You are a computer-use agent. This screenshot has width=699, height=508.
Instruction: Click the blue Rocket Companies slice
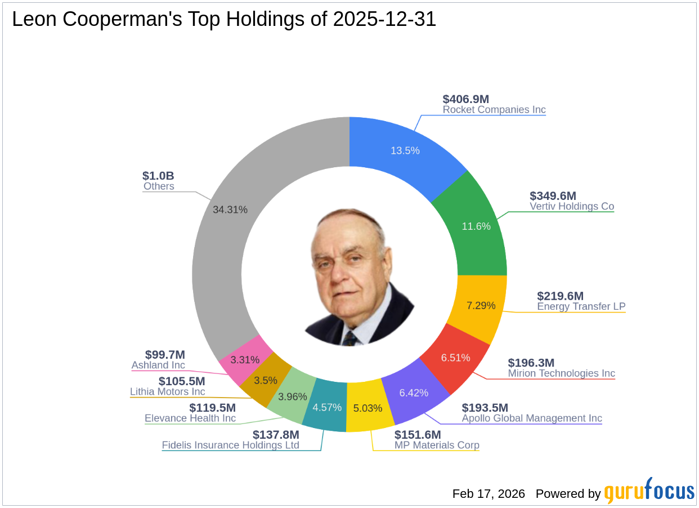click(x=405, y=150)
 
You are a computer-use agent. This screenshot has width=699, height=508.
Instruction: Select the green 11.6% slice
click(x=476, y=226)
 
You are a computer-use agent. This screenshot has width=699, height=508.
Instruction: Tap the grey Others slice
click(x=230, y=209)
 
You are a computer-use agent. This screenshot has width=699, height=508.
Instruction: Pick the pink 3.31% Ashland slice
click(x=245, y=359)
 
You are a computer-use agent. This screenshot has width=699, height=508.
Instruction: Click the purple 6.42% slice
click(x=414, y=393)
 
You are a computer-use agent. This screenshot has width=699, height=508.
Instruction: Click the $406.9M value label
click(x=465, y=99)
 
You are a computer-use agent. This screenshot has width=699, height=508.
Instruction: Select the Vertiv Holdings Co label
click(x=571, y=206)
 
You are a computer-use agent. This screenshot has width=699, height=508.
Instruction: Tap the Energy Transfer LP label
click(x=581, y=306)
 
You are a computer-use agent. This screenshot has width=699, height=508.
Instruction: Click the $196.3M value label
click(x=531, y=363)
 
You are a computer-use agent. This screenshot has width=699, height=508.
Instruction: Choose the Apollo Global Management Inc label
click(x=531, y=418)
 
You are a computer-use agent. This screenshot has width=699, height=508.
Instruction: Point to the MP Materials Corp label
click(x=436, y=445)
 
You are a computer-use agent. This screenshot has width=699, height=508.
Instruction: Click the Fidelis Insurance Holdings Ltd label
click(x=230, y=445)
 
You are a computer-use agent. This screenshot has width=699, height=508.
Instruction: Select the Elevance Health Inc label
click(x=190, y=418)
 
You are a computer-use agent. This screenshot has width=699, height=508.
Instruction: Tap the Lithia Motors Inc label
click(x=167, y=391)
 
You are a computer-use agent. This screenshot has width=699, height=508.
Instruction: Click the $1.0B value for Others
click(x=159, y=176)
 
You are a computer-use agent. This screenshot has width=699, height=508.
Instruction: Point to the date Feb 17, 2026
click(x=489, y=494)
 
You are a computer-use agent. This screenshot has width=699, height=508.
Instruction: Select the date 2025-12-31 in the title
click(x=384, y=20)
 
